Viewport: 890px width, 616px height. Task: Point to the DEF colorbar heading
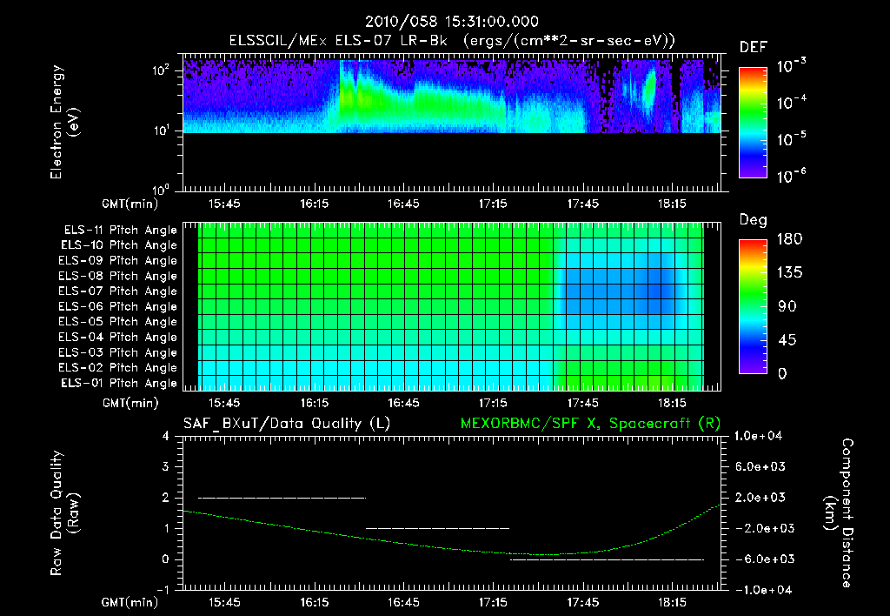(x=753, y=47)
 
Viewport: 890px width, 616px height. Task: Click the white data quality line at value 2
(x=282, y=498)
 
